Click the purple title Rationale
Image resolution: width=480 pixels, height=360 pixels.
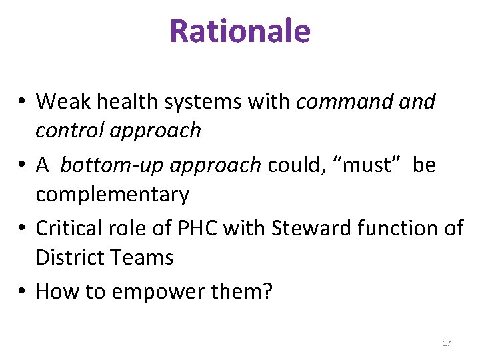pos(240,31)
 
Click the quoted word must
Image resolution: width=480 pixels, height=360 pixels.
pos(359,165)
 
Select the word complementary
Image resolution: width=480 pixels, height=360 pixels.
pos(112,195)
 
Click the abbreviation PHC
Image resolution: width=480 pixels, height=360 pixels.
pos(195,228)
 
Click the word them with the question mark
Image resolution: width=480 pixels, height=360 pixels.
pos(243,291)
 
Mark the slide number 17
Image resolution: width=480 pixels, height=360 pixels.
pos(447,343)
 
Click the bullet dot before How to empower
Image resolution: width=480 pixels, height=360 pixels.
pos(23,291)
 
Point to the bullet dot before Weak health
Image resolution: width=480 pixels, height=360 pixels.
pos(23,102)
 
